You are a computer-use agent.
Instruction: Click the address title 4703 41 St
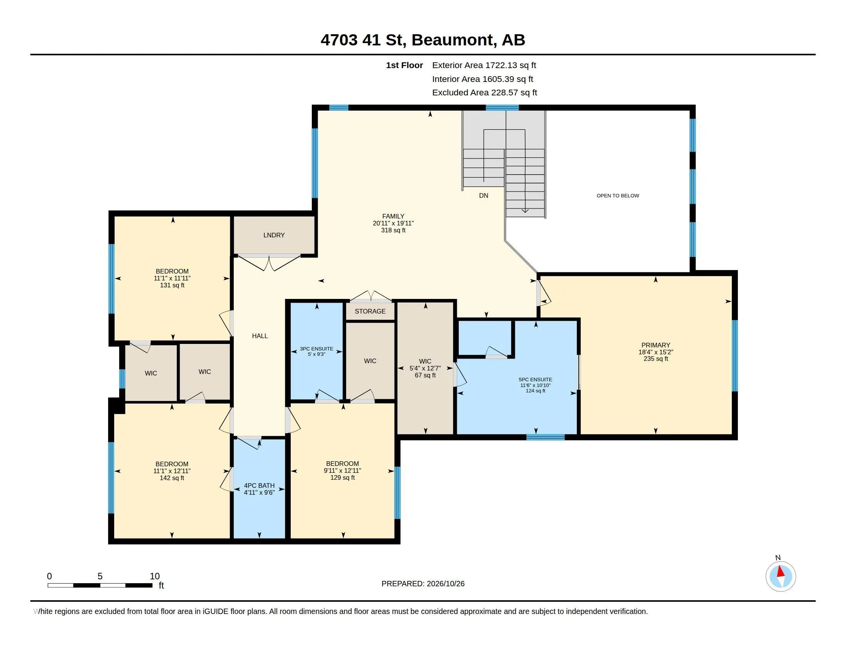coord(363,40)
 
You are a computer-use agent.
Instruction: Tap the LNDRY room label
coord(274,235)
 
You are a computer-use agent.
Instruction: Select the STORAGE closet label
coord(370,311)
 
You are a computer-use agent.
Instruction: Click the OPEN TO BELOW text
coord(618,196)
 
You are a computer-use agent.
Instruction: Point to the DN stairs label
coord(483,196)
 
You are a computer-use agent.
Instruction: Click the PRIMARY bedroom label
coord(655,345)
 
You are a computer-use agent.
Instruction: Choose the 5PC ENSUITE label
coord(535,380)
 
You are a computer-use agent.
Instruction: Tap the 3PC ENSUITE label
coord(316,349)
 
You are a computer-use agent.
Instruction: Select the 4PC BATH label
coord(259,485)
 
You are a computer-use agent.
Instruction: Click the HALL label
coord(260,336)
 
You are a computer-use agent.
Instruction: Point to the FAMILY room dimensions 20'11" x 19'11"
coord(393,223)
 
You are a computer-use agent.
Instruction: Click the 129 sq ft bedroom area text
coord(342,478)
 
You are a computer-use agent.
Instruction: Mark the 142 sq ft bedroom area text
coord(172,478)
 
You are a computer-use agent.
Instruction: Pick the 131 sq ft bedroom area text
coord(172,285)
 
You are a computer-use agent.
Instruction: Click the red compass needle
coord(781,571)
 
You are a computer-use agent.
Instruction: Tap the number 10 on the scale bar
coord(155,576)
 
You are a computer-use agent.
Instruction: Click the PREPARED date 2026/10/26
coord(445,584)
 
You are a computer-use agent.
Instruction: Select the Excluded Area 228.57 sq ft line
coord(484,93)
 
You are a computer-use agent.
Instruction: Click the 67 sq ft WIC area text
coord(425,375)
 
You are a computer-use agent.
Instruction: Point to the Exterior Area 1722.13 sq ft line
coord(484,65)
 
